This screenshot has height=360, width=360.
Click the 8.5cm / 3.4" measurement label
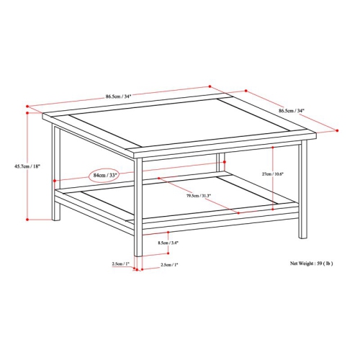(x=168, y=243)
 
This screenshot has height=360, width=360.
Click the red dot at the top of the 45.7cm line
(x=27, y=112)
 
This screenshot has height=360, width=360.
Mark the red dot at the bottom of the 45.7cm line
(x=27, y=217)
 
